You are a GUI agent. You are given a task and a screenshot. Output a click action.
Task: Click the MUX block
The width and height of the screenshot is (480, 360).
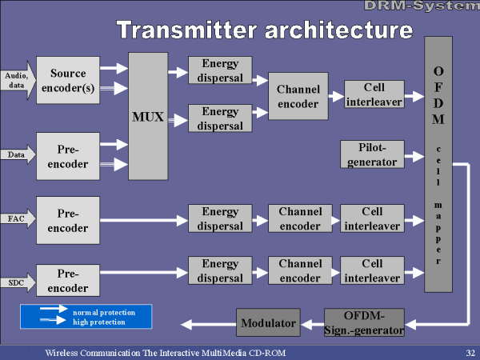pyautogui.click(x=148, y=116)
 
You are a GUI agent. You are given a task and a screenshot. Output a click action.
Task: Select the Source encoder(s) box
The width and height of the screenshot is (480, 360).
pyautogui.click(x=68, y=80)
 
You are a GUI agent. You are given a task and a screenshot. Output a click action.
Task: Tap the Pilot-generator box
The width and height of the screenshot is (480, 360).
pyautogui.click(x=372, y=154)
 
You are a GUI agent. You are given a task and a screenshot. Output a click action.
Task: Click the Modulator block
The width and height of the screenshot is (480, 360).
pyautogui.click(x=268, y=322)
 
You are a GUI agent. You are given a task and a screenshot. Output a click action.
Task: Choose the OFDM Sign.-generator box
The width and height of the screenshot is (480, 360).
pyautogui.click(x=364, y=322)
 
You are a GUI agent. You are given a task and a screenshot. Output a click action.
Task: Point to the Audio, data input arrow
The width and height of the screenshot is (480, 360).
pyautogui.click(x=18, y=81)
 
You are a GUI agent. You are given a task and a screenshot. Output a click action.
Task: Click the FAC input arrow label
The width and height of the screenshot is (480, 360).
pyautogui.click(x=16, y=218)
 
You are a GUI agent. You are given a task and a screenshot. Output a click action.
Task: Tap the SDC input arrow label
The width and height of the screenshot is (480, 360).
pyautogui.click(x=16, y=282)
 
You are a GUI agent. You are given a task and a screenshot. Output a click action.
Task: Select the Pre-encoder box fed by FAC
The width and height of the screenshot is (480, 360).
pyautogui.click(x=68, y=221)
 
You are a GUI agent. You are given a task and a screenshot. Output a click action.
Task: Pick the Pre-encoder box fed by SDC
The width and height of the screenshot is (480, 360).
pyautogui.click(x=68, y=281)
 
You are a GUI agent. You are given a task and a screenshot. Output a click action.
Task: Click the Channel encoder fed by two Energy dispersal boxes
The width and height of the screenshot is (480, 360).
pyautogui.click(x=298, y=96)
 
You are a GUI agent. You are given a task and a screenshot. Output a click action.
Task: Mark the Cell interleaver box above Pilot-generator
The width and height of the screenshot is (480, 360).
pyautogui.click(x=374, y=94)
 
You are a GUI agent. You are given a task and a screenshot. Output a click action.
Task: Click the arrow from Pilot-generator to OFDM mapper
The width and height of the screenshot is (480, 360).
pyautogui.click(x=414, y=157)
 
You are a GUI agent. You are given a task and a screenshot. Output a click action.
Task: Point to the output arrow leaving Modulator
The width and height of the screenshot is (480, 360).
pyautogui.click(x=209, y=325)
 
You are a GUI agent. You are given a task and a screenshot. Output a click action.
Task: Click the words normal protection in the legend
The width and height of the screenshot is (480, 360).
pyautogui.click(x=104, y=313)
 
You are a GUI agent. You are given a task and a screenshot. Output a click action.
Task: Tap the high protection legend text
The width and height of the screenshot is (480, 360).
pyautogui.click(x=99, y=322)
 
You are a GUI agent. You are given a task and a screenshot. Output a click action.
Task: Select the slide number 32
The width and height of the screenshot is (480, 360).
pyautogui.click(x=470, y=353)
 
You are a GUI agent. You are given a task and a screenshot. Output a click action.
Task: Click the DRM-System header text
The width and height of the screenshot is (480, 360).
pyautogui.click(x=422, y=6)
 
